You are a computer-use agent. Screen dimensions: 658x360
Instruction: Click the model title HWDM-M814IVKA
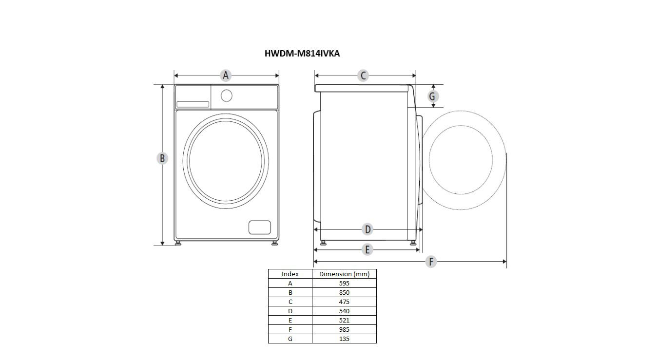[302, 54]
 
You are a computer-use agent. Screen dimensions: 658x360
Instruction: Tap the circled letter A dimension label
[226, 76]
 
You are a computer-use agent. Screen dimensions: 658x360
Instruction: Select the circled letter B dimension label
[162, 158]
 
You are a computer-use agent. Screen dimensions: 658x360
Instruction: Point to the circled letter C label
[363, 76]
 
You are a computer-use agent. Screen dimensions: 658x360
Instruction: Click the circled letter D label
[368, 229]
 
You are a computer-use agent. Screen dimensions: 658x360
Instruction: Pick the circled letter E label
[367, 249]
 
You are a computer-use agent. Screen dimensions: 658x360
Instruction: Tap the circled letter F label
[431, 261]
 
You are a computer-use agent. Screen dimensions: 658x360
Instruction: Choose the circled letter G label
[432, 96]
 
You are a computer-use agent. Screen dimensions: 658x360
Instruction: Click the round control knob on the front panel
[227, 96]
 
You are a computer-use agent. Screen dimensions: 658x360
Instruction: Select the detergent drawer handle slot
[193, 104]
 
